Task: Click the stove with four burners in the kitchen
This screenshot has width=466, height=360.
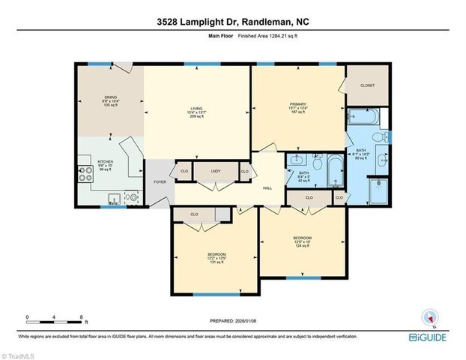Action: (x=82, y=175)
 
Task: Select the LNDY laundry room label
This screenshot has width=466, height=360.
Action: (x=216, y=172)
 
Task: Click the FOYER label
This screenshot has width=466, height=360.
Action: (x=160, y=181)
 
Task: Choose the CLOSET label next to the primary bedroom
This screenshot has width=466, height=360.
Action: (x=367, y=85)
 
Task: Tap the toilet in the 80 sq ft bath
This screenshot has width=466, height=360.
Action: (x=384, y=137)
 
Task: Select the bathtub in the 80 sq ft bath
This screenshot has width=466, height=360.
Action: (x=363, y=117)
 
